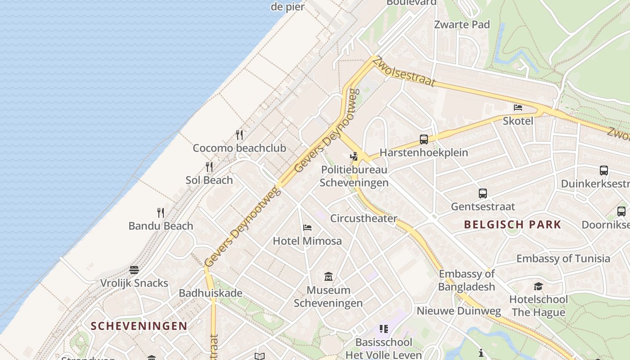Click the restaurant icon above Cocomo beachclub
pos(239,135)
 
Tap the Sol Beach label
pos(209,180)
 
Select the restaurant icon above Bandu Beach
pos(161,212)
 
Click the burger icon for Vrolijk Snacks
pos(134,270)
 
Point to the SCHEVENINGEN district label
pos(139,326)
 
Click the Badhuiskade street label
pos(211,293)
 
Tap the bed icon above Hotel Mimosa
pos(307,228)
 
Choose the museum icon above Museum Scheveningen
pos(328,276)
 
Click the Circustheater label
pos(364,218)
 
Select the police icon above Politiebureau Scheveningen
pos(354,157)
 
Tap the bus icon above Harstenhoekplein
pos(424,139)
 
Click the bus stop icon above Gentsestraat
pos(483,193)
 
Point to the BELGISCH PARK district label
pos(513,224)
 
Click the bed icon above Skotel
pos(518,108)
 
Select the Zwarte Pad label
pos(462,25)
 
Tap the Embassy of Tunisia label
pos(563,259)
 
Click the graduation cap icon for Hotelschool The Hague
pos(538,287)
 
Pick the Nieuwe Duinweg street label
pos(459,311)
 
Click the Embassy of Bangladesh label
pos(467,280)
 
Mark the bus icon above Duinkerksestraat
pos(604,171)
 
